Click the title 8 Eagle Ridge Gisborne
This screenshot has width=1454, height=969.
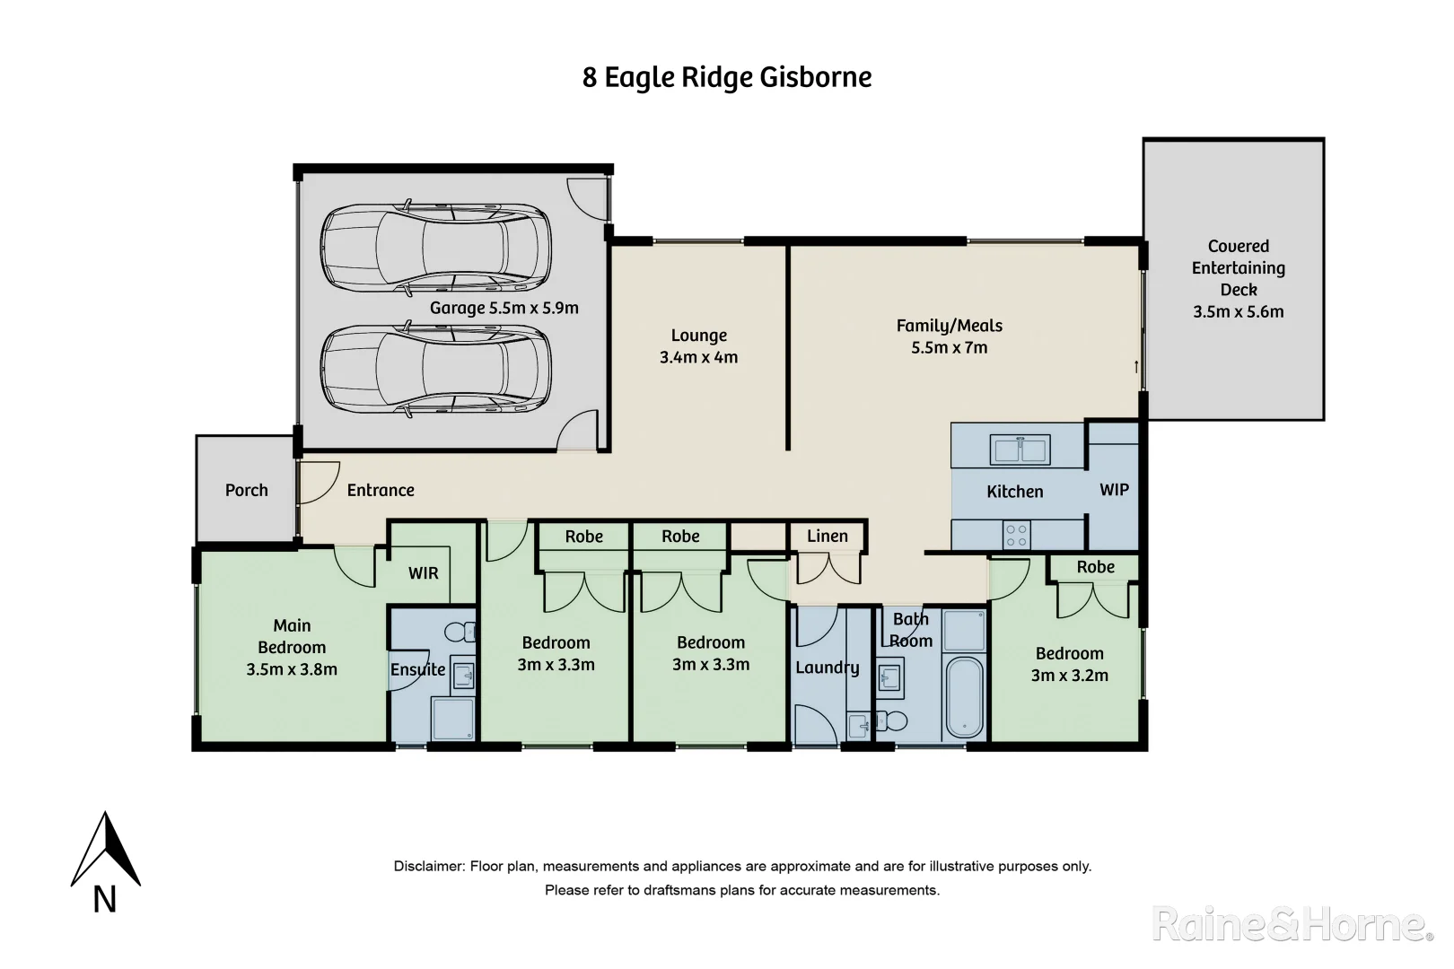pyautogui.click(x=727, y=77)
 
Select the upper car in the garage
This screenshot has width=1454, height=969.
pyautogui.click(x=435, y=248)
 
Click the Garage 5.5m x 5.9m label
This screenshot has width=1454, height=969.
pyautogui.click(x=504, y=308)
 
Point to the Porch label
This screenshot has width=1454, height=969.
pyautogui.click(x=246, y=490)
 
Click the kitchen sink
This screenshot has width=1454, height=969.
pyautogui.click(x=1020, y=450)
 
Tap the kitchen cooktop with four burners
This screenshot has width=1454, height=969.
pyautogui.click(x=1017, y=536)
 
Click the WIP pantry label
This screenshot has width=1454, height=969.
pyautogui.click(x=1114, y=490)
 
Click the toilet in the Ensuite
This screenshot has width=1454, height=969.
pyautogui.click(x=460, y=633)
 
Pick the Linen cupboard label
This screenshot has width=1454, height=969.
pyautogui.click(x=827, y=536)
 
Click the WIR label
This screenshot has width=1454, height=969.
pyautogui.click(x=424, y=572)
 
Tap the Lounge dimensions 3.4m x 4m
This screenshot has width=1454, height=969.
pyautogui.click(x=698, y=357)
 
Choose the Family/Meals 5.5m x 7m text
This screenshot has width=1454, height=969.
pyautogui.click(x=949, y=336)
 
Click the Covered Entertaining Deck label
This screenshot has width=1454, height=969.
pyautogui.click(x=1238, y=278)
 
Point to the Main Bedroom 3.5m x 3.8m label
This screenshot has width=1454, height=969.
pyautogui.click(x=292, y=647)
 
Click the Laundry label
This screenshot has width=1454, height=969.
pyautogui.click(x=827, y=668)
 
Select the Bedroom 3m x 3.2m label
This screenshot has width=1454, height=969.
pyautogui.click(x=1069, y=664)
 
